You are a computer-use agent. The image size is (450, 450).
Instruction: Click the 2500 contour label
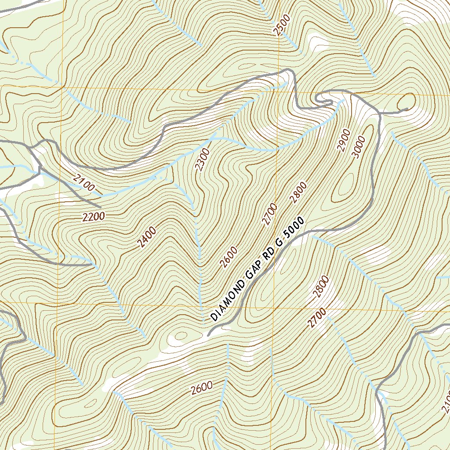point(282,25)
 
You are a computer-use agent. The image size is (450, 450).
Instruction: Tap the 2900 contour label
point(344,140)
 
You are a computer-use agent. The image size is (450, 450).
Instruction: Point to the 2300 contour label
point(203,160)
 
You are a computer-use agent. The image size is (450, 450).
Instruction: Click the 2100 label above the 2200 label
point(84,183)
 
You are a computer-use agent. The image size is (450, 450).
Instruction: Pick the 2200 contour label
point(94,216)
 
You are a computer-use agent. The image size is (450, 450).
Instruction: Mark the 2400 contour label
point(147,237)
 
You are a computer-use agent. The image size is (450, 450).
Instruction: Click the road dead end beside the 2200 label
point(101,207)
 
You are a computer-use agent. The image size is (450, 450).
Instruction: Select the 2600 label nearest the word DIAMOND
point(229,257)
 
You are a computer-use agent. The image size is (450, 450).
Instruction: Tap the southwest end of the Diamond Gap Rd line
point(208,335)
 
